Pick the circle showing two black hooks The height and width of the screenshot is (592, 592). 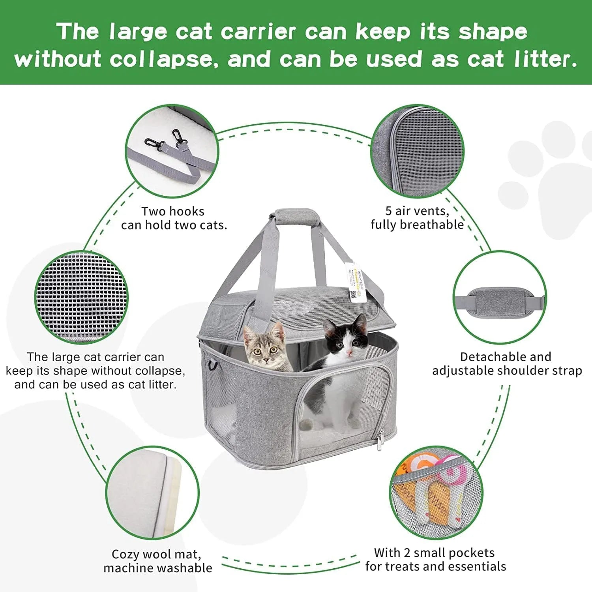[x=172, y=152]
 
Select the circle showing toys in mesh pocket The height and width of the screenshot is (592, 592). [x=436, y=493]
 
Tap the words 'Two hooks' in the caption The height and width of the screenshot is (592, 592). [x=173, y=212]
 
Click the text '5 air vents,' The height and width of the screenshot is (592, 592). [x=417, y=211]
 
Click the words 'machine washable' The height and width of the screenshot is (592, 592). [x=158, y=568]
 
